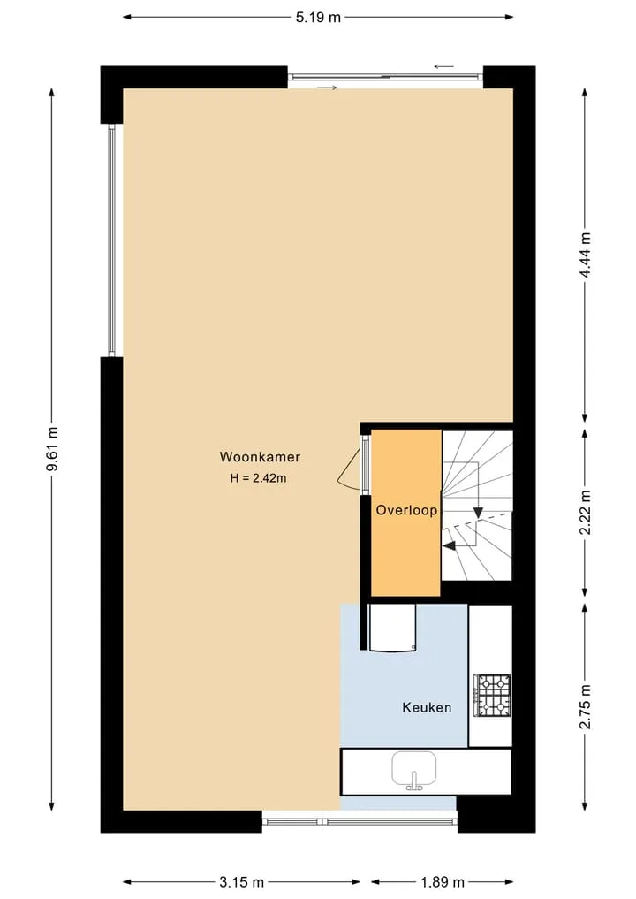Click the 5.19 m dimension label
[318, 18]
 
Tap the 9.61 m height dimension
[52, 449]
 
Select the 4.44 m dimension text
[585, 255]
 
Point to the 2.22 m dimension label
[585, 512]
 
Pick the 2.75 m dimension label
[585, 706]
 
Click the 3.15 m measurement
[242, 882]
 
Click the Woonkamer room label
[260, 457]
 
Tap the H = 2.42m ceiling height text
[259, 478]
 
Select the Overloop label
[407, 510]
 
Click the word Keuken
[427, 707]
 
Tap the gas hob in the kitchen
[492, 696]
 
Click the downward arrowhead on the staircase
[477, 513]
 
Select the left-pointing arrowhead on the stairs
[450, 545]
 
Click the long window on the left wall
[112, 240]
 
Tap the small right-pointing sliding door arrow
[326, 88]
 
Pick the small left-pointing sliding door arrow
[444, 66]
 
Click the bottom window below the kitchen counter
[360, 821]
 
